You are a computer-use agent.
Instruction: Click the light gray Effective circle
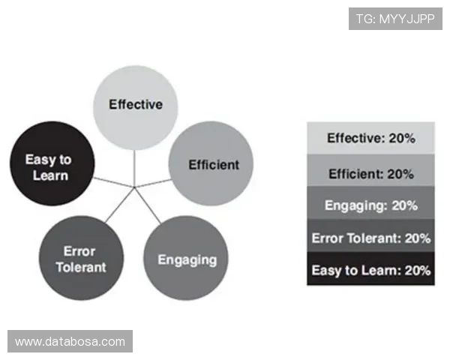click(x=136, y=108)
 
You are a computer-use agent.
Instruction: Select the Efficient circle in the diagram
click(x=211, y=163)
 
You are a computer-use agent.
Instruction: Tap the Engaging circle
click(x=186, y=258)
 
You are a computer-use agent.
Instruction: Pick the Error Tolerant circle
click(x=82, y=258)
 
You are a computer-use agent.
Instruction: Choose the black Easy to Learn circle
click(x=52, y=163)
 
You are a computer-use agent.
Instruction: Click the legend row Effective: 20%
click(x=370, y=138)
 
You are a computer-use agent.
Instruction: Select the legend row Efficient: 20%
click(x=370, y=170)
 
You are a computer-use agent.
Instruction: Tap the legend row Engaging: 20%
click(x=370, y=202)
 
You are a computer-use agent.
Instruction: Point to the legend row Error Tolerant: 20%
click(x=370, y=235)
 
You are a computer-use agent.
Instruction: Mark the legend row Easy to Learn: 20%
click(x=370, y=269)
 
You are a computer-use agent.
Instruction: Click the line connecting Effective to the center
click(x=134, y=169)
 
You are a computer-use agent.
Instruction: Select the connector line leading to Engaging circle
click(x=148, y=205)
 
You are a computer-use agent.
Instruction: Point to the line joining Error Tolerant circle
click(x=120, y=205)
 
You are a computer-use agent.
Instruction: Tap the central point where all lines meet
click(x=134, y=187)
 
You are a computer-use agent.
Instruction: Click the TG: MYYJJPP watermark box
click(x=395, y=19)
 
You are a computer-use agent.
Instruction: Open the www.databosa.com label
click(x=70, y=341)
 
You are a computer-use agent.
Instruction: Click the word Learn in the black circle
click(x=50, y=175)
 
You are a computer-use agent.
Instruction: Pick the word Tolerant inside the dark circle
click(x=81, y=267)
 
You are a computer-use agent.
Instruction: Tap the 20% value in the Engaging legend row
click(x=405, y=205)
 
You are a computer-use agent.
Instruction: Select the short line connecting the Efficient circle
click(x=153, y=184)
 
